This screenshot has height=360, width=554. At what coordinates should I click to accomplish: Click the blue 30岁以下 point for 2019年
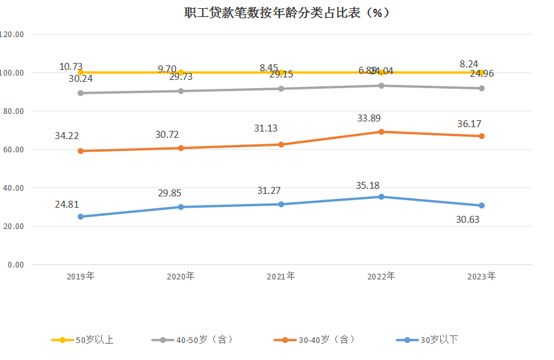80,217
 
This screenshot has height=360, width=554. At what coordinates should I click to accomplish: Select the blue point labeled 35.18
381,197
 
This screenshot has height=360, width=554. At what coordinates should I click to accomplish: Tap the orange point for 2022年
381,132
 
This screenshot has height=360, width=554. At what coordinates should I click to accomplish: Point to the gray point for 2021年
281,89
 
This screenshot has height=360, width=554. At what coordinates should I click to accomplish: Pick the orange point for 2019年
80,151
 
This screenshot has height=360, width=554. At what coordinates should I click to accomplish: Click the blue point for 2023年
482,206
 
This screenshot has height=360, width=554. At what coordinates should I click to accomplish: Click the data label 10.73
71,67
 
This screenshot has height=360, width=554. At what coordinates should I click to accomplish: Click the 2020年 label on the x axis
180,276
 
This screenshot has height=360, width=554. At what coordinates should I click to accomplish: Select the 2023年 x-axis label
482,276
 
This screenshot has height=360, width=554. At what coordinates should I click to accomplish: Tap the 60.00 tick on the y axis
13,150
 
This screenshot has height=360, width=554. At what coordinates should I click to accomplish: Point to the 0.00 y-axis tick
15,265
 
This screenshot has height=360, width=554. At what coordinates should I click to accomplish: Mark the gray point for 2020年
180,91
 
